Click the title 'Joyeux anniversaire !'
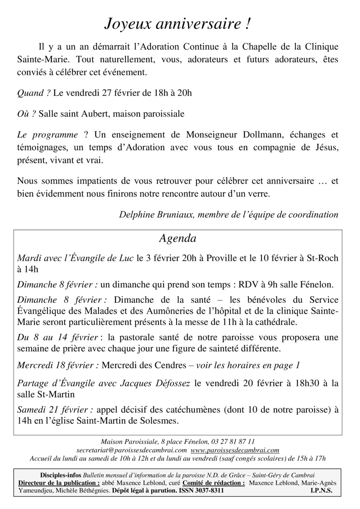coord(177,25)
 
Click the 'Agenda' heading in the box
coord(177,238)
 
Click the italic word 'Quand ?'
coord(34,93)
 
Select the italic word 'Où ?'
coord(27,114)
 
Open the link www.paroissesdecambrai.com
coord(235,450)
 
